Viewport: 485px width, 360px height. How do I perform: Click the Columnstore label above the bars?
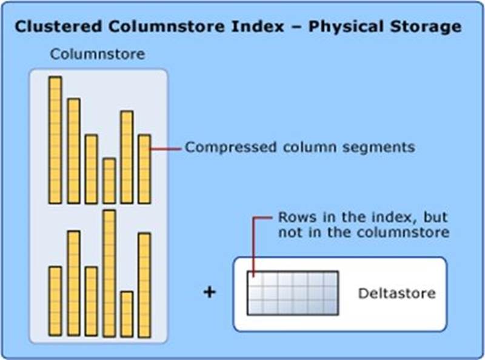click(97, 54)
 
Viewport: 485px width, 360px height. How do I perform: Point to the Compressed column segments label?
click(299, 147)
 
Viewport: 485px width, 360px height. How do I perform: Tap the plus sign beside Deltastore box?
click(209, 293)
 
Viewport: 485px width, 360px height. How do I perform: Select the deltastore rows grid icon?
click(292, 293)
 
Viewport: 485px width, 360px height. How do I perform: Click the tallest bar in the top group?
click(55, 140)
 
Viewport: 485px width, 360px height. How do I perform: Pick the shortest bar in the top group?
click(109, 181)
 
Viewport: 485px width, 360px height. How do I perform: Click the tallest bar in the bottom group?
click(109, 273)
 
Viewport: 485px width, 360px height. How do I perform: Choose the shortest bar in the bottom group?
click(127, 313)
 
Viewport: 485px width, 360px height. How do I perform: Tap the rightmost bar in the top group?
click(144, 168)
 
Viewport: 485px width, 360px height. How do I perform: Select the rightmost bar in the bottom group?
click(144, 284)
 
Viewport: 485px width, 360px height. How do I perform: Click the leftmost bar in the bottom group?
click(55, 301)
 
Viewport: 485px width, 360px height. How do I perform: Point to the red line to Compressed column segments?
click(165, 148)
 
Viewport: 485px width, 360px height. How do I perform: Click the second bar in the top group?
click(73, 151)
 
